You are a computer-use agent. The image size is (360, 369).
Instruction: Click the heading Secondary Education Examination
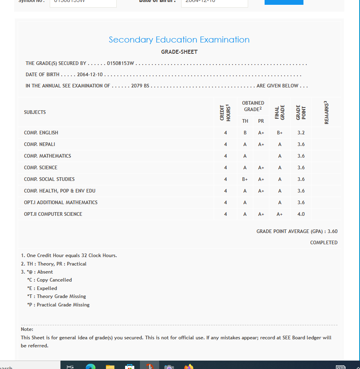tap(179, 40)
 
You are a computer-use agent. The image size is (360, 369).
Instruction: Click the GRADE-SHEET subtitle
tap(179, 52)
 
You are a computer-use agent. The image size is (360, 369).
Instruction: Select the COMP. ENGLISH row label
tap(41, 133)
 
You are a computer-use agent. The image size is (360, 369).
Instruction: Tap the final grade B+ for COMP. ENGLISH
tap(280, 133)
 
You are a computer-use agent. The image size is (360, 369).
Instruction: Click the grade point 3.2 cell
tap(301, 133)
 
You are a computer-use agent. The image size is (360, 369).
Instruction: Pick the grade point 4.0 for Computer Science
tap(301, 214)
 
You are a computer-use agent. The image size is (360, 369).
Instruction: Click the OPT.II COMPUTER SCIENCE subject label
tap(53, 214)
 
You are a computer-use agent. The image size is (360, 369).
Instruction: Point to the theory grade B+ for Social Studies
tap(245, 179)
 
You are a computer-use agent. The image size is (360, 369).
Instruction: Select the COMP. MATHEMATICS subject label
tap(47, 156)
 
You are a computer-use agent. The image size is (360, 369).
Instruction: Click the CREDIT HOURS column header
tap(225, 113)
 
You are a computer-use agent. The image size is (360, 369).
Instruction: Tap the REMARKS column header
tap(326, 113)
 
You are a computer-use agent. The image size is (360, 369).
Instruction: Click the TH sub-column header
tap(245, 121)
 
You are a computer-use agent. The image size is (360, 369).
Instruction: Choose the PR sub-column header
tap(261, 121)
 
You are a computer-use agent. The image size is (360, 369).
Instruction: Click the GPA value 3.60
tap(332, 231)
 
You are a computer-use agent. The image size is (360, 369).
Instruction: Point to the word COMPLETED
tap(324, 243)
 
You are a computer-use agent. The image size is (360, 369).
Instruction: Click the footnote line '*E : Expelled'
tap(42, 288)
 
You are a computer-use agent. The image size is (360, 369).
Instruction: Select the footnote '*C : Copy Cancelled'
tap(49, 280)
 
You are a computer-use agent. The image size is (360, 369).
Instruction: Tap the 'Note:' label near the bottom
tap(27, 329)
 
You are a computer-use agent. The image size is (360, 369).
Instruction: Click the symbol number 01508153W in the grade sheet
tap(120, 63)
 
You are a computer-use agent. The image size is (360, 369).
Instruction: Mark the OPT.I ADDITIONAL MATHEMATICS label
tap(61, 203)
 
